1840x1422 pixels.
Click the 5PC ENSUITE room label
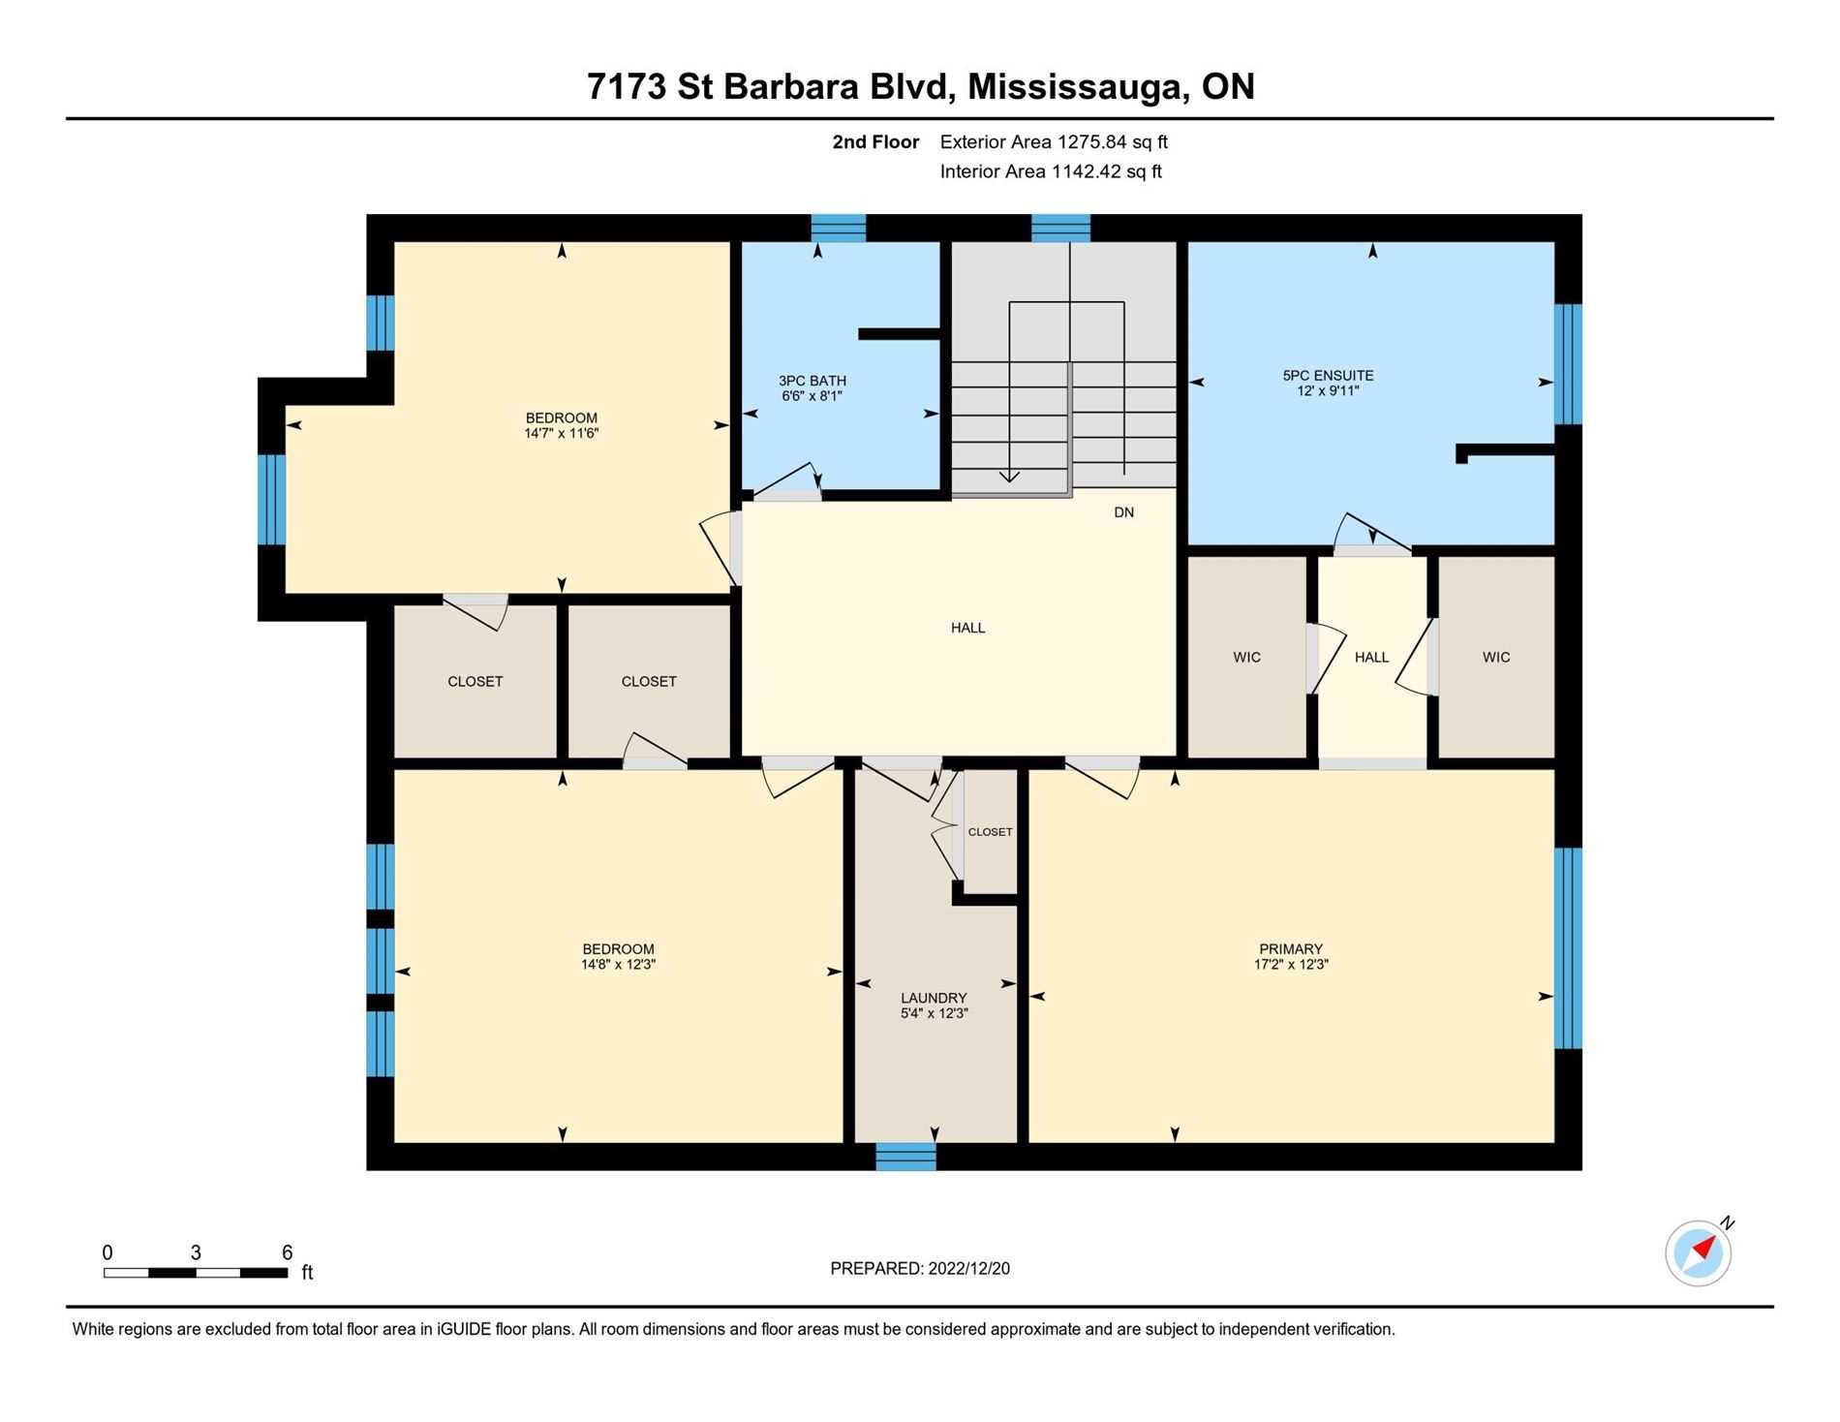(x=1328, y=375)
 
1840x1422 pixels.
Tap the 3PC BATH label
(x=813, y=381)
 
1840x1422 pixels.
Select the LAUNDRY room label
(x=934, y=998)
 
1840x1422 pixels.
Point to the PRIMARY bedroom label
(x=1291, y=949)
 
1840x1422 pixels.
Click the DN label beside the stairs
(x=1123, y=512)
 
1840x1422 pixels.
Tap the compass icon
(x=1699, y=1252)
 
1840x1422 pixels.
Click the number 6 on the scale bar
(x=287, y=1252)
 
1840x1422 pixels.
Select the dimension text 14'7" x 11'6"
(x=562, y=433)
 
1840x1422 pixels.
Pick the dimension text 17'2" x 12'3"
(x=1291, y=964)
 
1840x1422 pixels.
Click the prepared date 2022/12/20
(x=968, y=1269)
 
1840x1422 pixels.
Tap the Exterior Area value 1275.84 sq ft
(x=1112, y=142)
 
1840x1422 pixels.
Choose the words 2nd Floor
(x=875, y=142)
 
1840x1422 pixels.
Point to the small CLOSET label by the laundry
(x=990, y=832)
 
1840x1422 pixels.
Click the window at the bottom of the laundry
(x=905, y=1157)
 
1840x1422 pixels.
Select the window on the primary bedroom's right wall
(x=1568, y=948)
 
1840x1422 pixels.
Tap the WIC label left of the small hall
(x=1246, y=658)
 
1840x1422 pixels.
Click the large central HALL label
(x=967, y=628)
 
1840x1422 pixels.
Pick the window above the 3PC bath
(x=838, y=228)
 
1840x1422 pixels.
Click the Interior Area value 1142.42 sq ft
(x=1107, y=172)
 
